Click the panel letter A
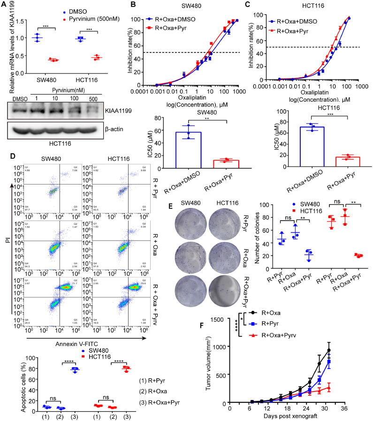coord(4,4)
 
